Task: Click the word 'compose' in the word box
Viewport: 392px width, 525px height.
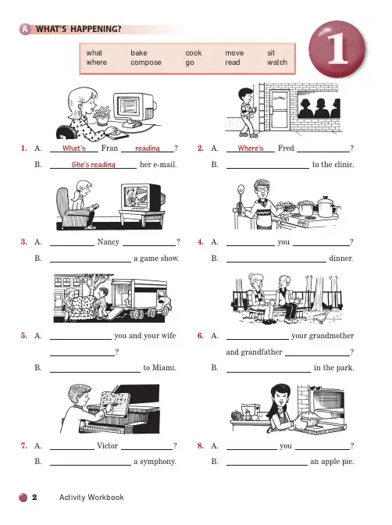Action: pyautogui.click(x=146, y=62)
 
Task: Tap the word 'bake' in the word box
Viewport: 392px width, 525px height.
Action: pyautogui.click(x=139, y=53)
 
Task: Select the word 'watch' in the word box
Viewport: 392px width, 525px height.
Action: pyautogui.click(x=277, y=62)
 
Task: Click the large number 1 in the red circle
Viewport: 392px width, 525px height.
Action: pyautogui.click(x=337, y=49)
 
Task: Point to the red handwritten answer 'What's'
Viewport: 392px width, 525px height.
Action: pyautogui.click(x=74, y=148)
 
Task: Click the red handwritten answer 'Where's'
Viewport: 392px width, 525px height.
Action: pyautogui.click(x=251, y=148)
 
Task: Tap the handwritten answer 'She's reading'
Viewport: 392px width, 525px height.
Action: pyautogui.click(x=94, y=164)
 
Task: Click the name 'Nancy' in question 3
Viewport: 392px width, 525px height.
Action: pyautogui.click(x=108, y=241)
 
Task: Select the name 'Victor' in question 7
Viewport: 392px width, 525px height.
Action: pyautogui.click(x=108, y=445)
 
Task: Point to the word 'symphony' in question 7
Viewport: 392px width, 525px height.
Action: pyautogui.click(x=158, y=462)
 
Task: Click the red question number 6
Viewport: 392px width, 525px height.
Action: pyautogui.click(x=200, y=335)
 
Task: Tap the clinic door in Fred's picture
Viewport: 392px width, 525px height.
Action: pyautogui.click(x=280, y=110)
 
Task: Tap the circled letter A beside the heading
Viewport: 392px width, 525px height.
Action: pyautogui.click(x=25, y=30)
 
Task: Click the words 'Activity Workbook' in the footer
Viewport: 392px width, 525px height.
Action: pyautogui.click(x=91, y=497)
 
